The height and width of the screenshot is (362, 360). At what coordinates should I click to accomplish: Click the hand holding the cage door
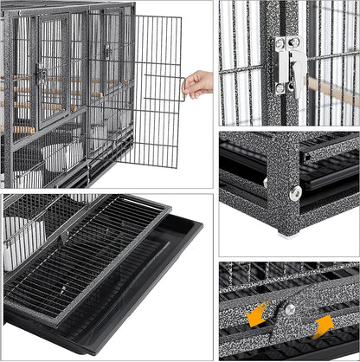click(x=198, y=84)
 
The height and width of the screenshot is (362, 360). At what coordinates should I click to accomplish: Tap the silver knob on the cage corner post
click(x=295, y=192)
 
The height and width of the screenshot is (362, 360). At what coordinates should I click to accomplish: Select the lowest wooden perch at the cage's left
click(x=21, y=130)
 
